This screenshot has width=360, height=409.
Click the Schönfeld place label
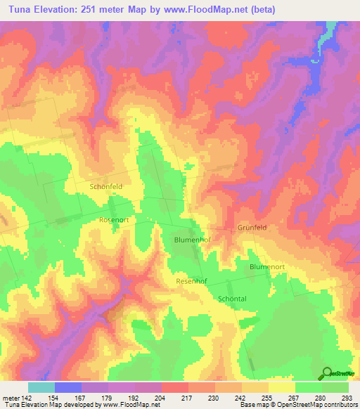pos(106,187)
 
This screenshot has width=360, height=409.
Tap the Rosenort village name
pos(113,219)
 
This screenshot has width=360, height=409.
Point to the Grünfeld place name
pos(252,228)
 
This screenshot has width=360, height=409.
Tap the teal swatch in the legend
pos(41,387)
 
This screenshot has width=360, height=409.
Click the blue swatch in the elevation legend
pos(67,387)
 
